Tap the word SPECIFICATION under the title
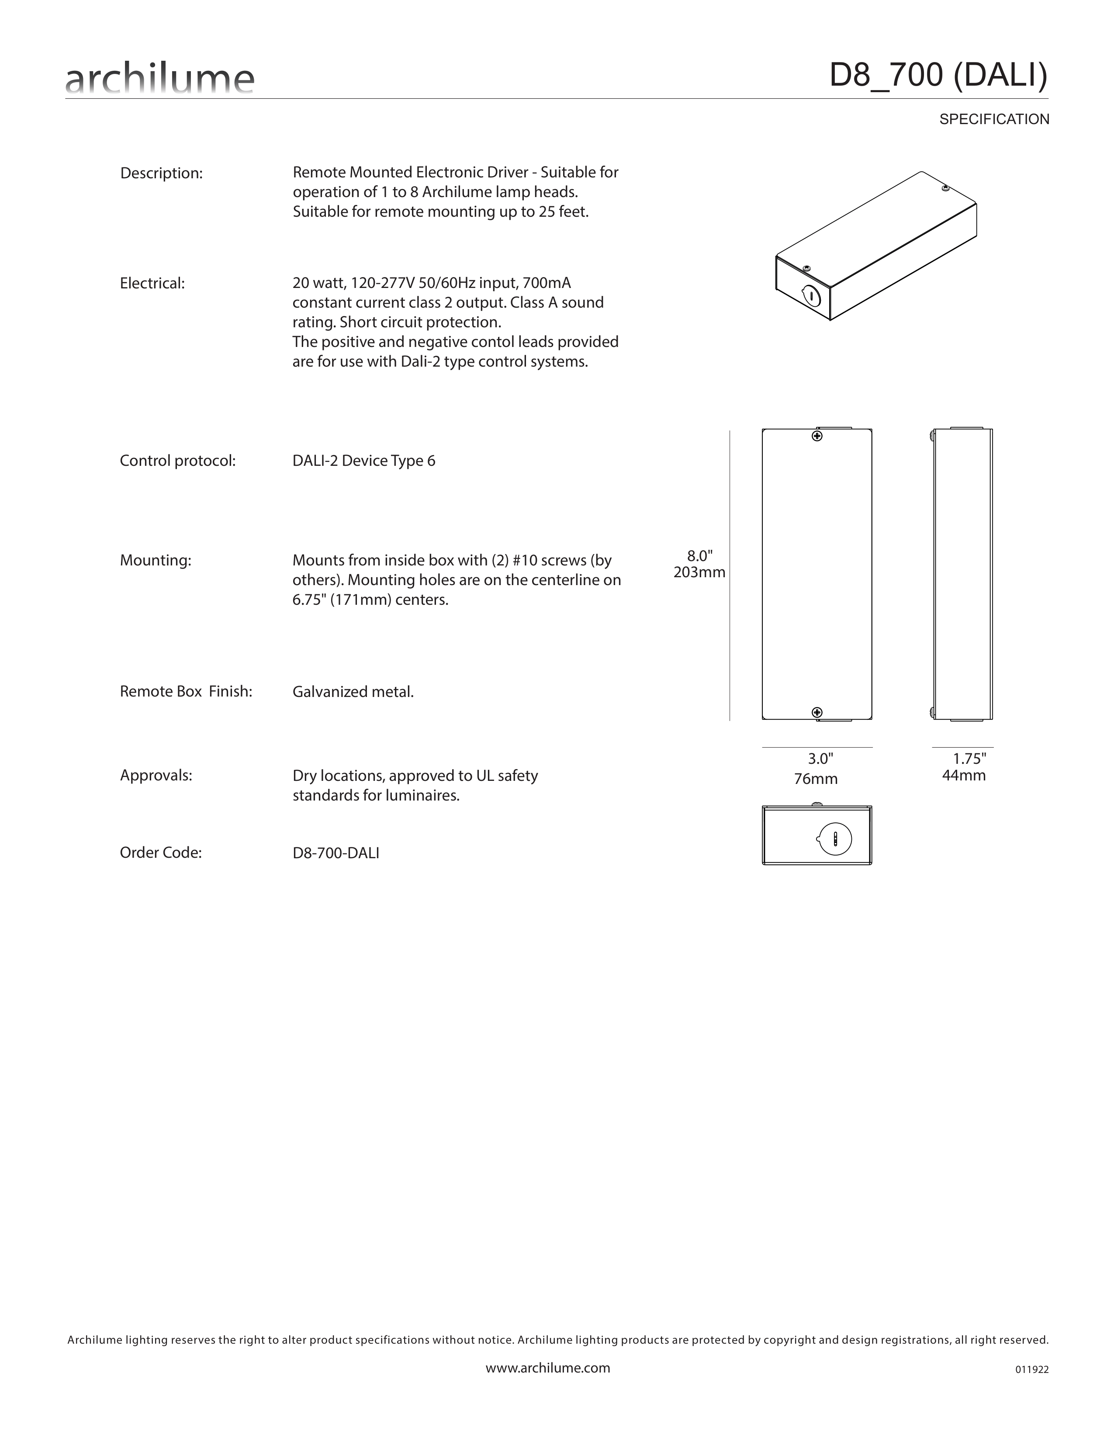coord(994,119)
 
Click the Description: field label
coord(161,173)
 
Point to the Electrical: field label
coord(152,283)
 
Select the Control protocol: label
coord(177,461)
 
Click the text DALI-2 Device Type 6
coord(363,461)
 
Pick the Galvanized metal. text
coord(353,692)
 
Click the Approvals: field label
coord(156,775)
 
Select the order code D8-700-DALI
coord(336,853)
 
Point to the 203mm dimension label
coord(699,572)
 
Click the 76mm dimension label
coord(816,779)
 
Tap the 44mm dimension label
coord(964,775)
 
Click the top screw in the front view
coord(817,437)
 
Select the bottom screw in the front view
coord(817,712)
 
